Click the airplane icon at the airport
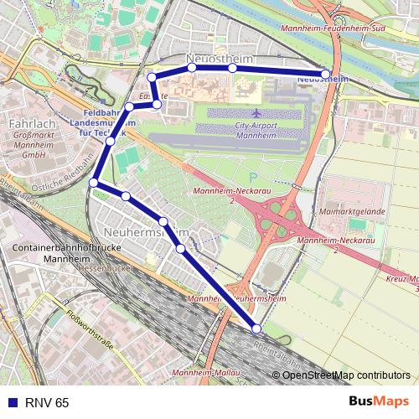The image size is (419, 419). (255, 111)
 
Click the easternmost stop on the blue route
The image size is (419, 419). (326, 74)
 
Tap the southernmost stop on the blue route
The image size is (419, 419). (256, 328)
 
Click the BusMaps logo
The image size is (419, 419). (379, 401)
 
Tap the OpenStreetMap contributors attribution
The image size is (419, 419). (346, 375)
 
